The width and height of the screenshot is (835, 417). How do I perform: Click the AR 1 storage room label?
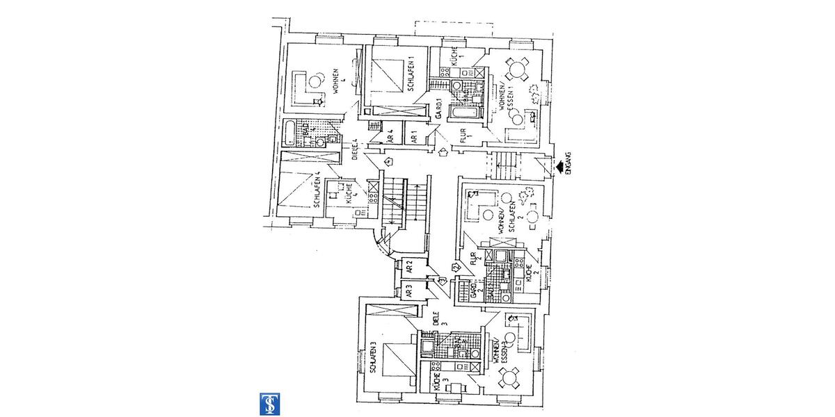pos(413,137)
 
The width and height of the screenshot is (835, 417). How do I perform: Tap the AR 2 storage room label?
pos(409,266)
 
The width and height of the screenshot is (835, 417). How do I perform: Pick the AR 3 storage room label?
pos(409,291)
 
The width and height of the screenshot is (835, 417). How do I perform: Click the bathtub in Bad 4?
pos(289,131)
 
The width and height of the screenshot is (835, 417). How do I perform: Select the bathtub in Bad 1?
pos(462,113)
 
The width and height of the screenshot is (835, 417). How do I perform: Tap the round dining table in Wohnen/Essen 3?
pos(510,379)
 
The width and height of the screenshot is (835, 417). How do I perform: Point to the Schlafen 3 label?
pos(374,358)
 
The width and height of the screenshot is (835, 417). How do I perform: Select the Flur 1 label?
pos(464,135)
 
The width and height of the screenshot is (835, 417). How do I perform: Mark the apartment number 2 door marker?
pos(456,267)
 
